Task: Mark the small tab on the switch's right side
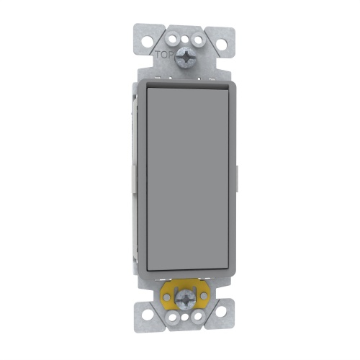[x=239, y=177]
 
